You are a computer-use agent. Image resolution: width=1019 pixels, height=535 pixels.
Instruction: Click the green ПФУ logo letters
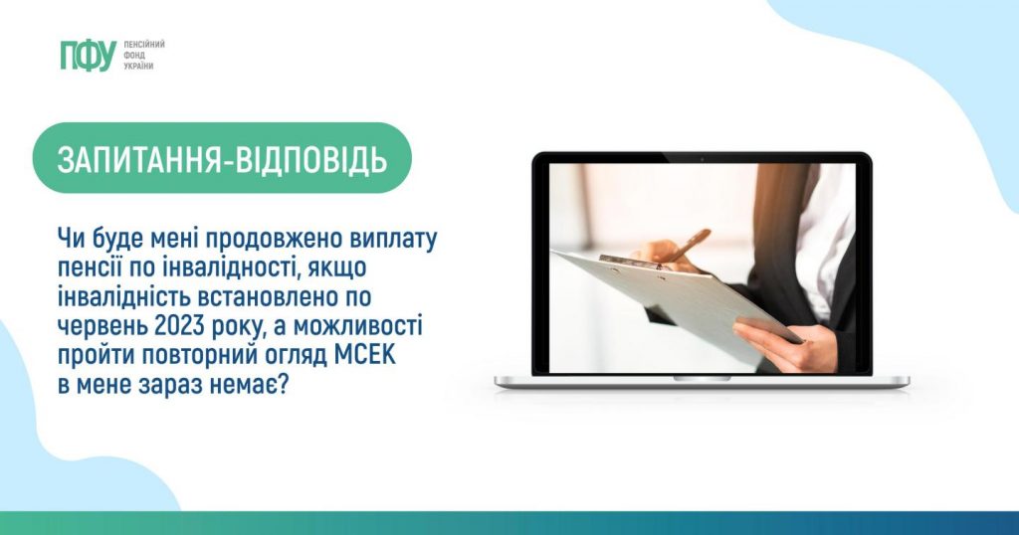89,55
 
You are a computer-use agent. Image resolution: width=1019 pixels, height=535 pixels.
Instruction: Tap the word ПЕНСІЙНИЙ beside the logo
144,44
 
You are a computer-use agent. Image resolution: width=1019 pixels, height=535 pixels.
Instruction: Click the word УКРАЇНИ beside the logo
138,67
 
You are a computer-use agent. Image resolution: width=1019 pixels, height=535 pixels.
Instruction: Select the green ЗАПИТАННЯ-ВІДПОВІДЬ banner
222,158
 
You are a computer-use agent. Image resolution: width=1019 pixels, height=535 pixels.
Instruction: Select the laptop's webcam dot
702,158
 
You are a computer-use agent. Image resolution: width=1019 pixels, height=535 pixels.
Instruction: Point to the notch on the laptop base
702,378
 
